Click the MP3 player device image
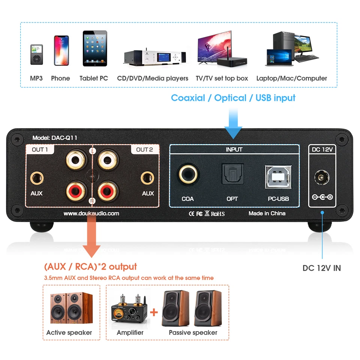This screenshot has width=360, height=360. [36, 55]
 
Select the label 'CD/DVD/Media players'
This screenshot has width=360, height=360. [153, 78]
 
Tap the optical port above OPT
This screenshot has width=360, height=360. [232, 174]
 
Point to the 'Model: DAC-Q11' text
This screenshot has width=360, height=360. [55, 138]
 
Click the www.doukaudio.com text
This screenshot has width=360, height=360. [91, 213]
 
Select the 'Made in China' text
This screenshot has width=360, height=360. [267, 213]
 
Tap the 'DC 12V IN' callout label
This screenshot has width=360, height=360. [322, 268]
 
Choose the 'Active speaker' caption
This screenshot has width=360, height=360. [69, 333]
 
